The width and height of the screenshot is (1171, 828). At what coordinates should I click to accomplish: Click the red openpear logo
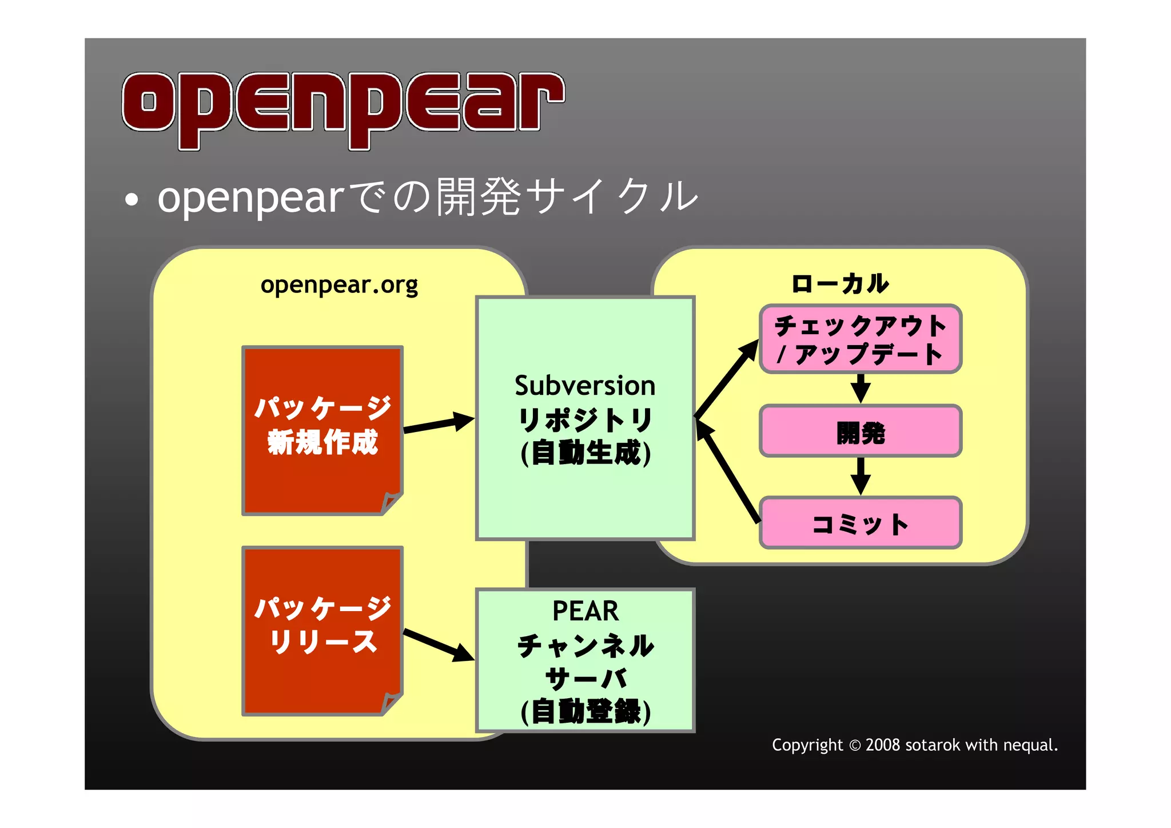[343, 109]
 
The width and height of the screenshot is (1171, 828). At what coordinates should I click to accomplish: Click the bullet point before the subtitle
[132, 200]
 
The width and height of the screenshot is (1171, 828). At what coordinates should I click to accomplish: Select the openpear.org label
[339, 284]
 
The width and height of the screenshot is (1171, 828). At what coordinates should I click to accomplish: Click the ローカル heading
[839, 283]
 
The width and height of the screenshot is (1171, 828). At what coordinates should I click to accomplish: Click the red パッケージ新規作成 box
[322, 429]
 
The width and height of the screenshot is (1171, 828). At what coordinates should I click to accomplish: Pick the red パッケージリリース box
[322, 629]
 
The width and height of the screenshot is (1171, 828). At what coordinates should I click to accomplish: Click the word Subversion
[584, 386]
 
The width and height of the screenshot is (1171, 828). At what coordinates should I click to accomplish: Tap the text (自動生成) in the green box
[585, 453]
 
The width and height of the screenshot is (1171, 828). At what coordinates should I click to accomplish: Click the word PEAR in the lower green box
[585, 611]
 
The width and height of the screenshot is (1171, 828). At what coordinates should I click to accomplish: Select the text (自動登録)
[585, 712]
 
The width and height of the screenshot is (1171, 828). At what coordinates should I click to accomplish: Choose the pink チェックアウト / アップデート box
[860, 339]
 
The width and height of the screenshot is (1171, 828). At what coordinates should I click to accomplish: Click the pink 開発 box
[860, 431]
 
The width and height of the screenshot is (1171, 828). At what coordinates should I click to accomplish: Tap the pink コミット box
[860, 524]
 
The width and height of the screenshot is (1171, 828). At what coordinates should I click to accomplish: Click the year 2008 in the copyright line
[883, 745]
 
